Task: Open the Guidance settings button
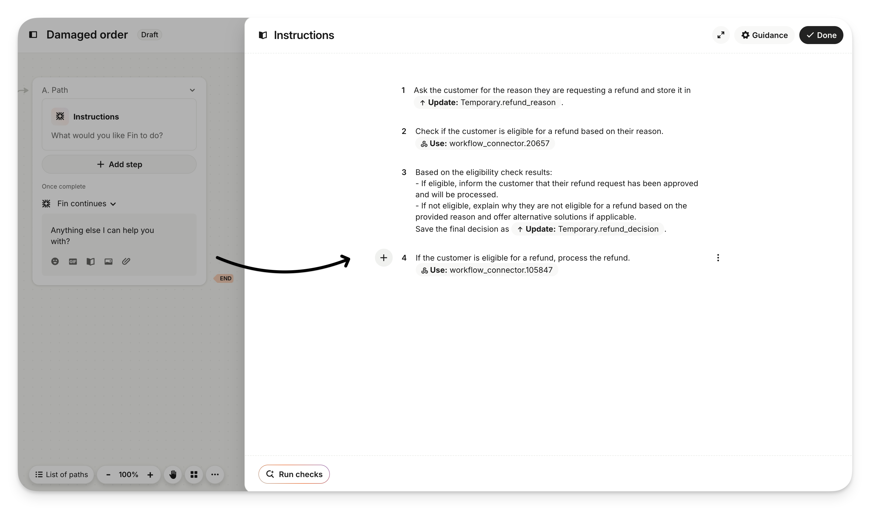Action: pyautogui.click(x=764, y=35)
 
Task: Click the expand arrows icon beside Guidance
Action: pyautogui.click(x=721, y=35)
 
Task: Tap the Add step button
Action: pyautogui.click(x=119, y=164)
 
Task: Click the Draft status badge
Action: pyautogui.click(x=149, y=35)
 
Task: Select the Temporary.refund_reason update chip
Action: pyautogui.click(x=487, y=103)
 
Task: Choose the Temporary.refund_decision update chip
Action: pyautogui.click(x=587, y=229)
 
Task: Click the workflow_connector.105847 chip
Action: pyautogui.click(x=486, y=270)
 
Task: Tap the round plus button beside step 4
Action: pyautogui.click(x=384, y=258)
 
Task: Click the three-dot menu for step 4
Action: pyautogui.click(x=718, y=258)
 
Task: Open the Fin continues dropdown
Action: pyautogui.click(x=86, y=204)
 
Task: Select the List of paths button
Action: pyautogui.click(x=62, y=475)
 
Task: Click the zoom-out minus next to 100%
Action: pyautogui.click(x=108, y=475)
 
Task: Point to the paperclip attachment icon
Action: pyautogui.click(x=126, y=262)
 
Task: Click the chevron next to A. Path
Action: pyautogui.click(x=192, y=90)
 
